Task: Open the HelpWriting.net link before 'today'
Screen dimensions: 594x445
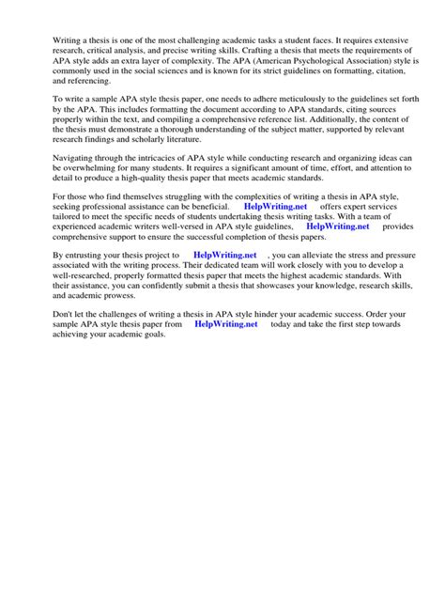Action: click(225, 324)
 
